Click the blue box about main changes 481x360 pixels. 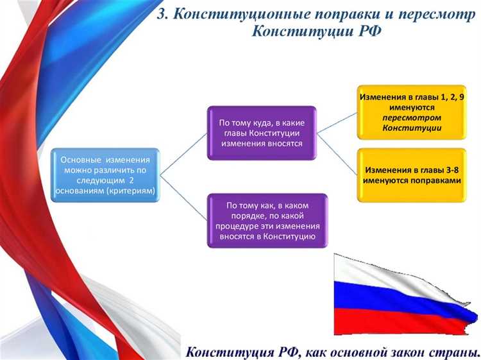tap(105, 175)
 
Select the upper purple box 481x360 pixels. tap(261, 133)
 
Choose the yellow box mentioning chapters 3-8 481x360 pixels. tap(412, 175)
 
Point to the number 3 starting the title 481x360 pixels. tap(162, 14)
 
